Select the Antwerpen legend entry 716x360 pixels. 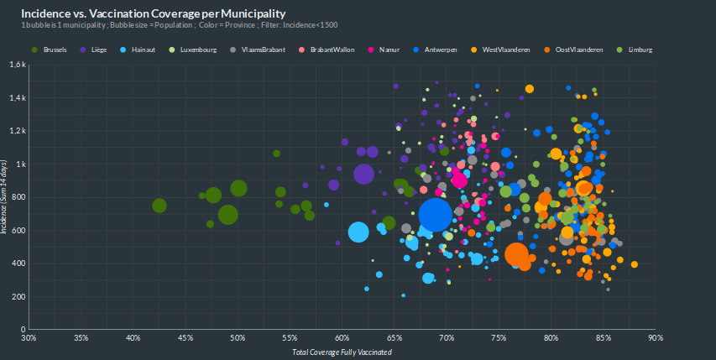tap(441, 50)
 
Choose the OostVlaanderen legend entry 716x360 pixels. tap(579, 50)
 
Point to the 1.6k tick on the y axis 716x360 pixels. tap(18, 65)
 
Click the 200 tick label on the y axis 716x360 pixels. tap(19, 297)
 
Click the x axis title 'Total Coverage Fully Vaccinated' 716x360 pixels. tap(342, 352)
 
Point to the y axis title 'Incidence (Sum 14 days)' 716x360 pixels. tap(5, 196)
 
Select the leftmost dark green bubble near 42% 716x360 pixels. tap(159, 206)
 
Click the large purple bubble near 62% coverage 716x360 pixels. tap(363, 174)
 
